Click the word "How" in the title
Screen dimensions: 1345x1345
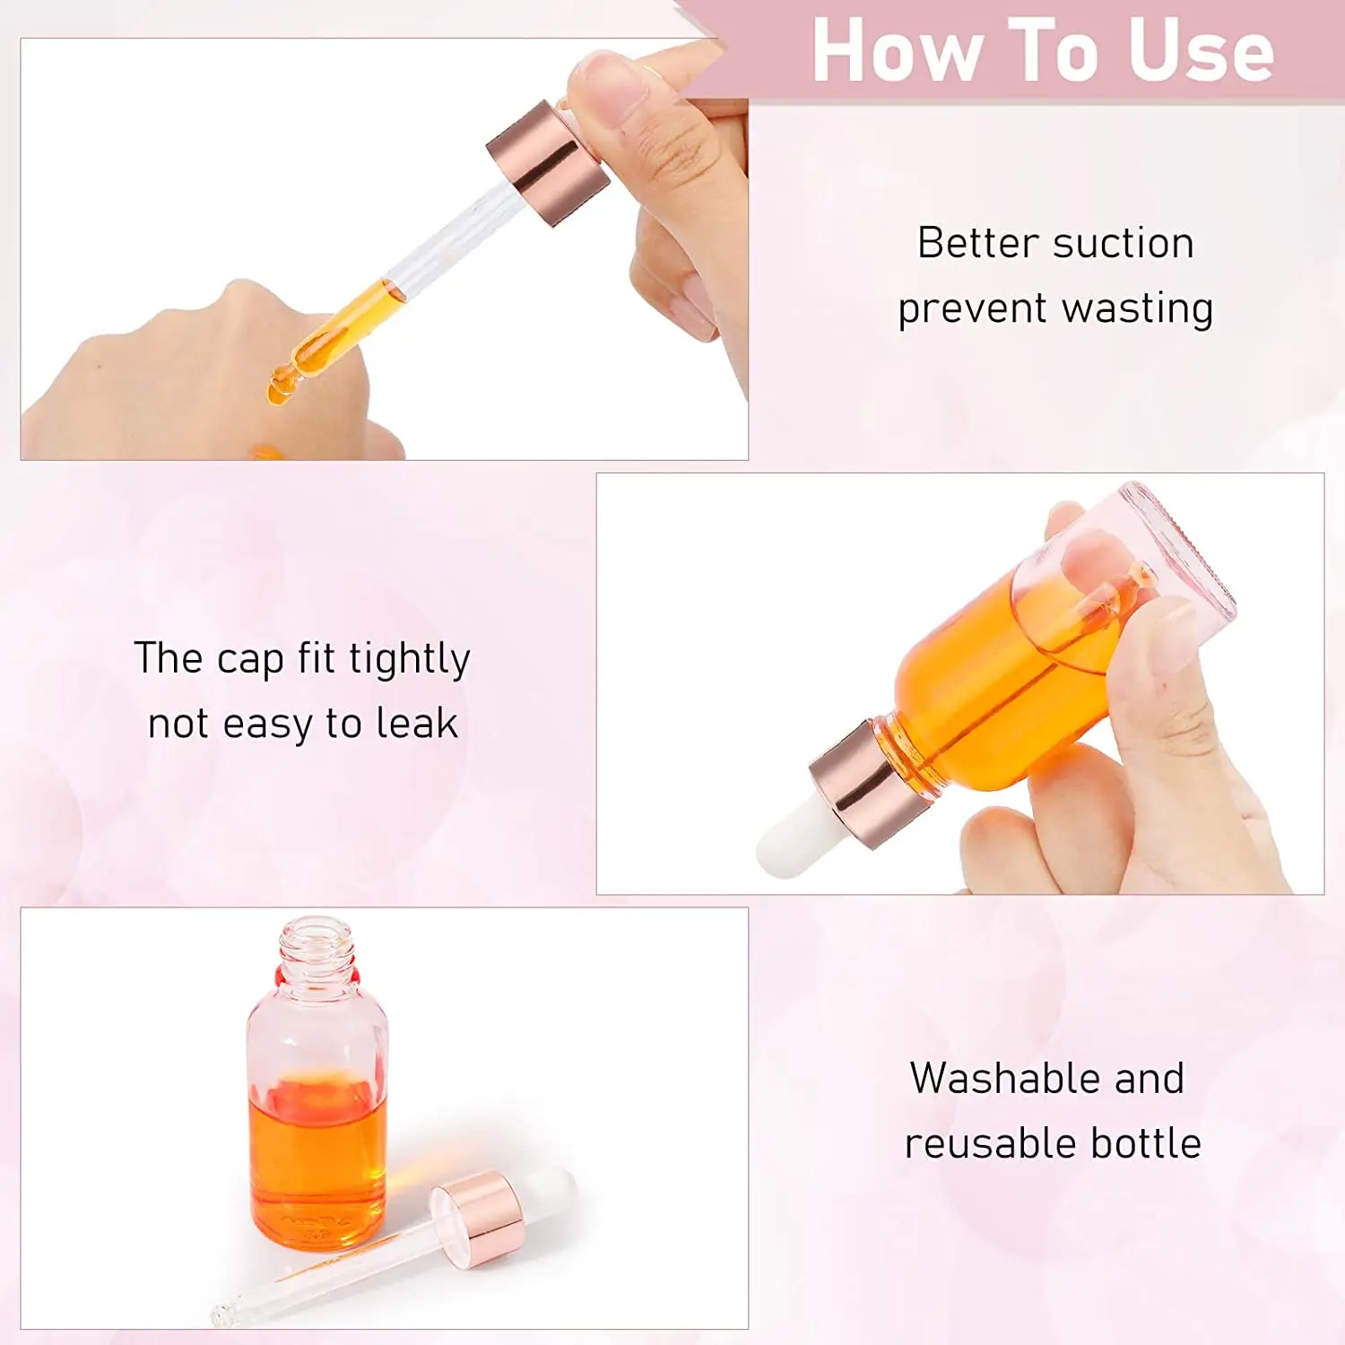[897, 51]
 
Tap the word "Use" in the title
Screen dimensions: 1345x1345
[1202, 51]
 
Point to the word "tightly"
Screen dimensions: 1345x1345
[410, 660]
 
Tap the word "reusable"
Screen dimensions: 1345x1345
[978, 1144]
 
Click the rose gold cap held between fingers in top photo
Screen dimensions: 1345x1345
[548, 162]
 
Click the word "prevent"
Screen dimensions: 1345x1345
[973, 309]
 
